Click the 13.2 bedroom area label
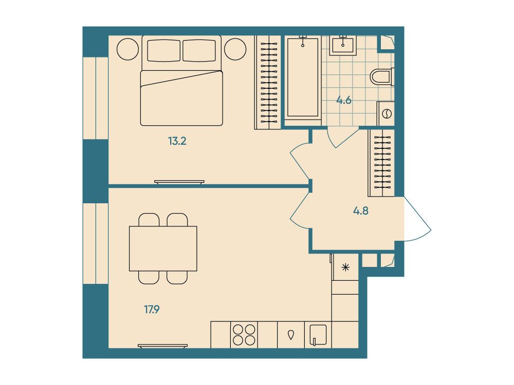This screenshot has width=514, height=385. (177, 142)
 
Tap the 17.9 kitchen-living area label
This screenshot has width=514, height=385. (152, 310)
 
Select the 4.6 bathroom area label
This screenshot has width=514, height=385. (344, 100)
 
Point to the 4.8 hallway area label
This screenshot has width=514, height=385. (361, 211)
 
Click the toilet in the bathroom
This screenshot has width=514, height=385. (382, 76)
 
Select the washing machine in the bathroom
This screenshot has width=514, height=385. (386, 113)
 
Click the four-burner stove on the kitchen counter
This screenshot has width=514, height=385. (244, 335)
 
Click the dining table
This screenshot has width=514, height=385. (163, 248)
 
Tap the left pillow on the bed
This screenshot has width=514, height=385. (163, 50)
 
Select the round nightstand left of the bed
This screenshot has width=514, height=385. (127, 49)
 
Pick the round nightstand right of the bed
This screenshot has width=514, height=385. (235, 49)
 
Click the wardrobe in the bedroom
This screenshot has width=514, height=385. (268, 82)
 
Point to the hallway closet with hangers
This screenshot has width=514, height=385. (381, 163)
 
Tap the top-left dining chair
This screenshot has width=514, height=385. (149, 220)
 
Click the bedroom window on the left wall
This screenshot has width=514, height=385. (96, 98)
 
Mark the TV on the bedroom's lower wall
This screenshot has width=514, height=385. (179, 182)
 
